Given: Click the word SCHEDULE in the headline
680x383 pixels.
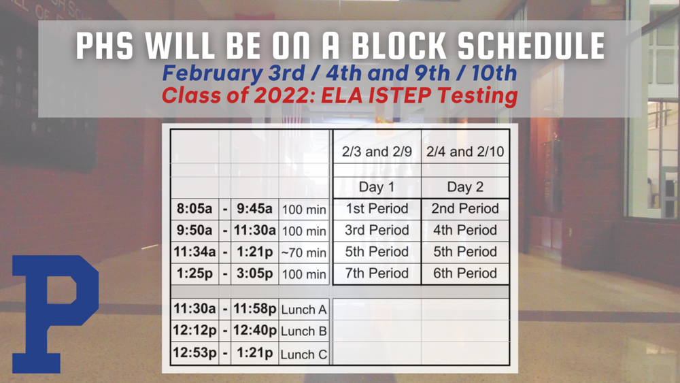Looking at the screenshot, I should (x=522, y=46).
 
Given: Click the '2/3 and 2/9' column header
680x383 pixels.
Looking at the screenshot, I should (x=376, y=152).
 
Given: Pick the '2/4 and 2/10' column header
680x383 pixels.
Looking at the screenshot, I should (x=465, y=152).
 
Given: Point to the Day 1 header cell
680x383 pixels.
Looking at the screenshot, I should (x=376, y=187).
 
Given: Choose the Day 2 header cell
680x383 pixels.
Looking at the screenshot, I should (x=465, y=187).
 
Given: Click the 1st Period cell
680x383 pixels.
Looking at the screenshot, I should (x=376, y=209).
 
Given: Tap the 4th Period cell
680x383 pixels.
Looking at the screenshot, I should (x=465, y=230).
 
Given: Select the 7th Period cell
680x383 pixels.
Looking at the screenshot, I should (x=376, y=273).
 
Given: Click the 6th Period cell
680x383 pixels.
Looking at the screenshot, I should (x=465, y=273).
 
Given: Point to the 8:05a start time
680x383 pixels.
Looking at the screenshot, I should (x=193, y=209).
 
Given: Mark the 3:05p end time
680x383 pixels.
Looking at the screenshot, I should (x=254, y=274).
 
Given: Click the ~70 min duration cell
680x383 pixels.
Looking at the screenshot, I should (x=303, y=253).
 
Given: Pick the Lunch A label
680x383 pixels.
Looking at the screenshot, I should (x=303, y=310).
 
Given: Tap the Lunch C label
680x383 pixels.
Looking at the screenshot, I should (x=303, y=354).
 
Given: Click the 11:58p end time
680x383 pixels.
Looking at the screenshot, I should (x=254, y=309).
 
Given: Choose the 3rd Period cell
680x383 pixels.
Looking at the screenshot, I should (x=376, y=230).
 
